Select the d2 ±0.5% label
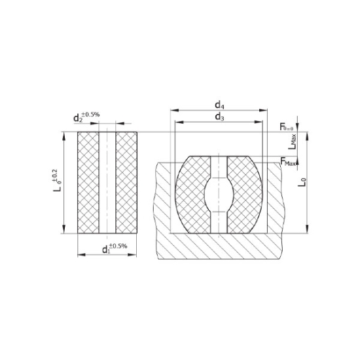coord(86,118)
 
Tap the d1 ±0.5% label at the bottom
coord(114,248)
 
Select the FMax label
coord(287,162)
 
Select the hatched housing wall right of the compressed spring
coord(277,203)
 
